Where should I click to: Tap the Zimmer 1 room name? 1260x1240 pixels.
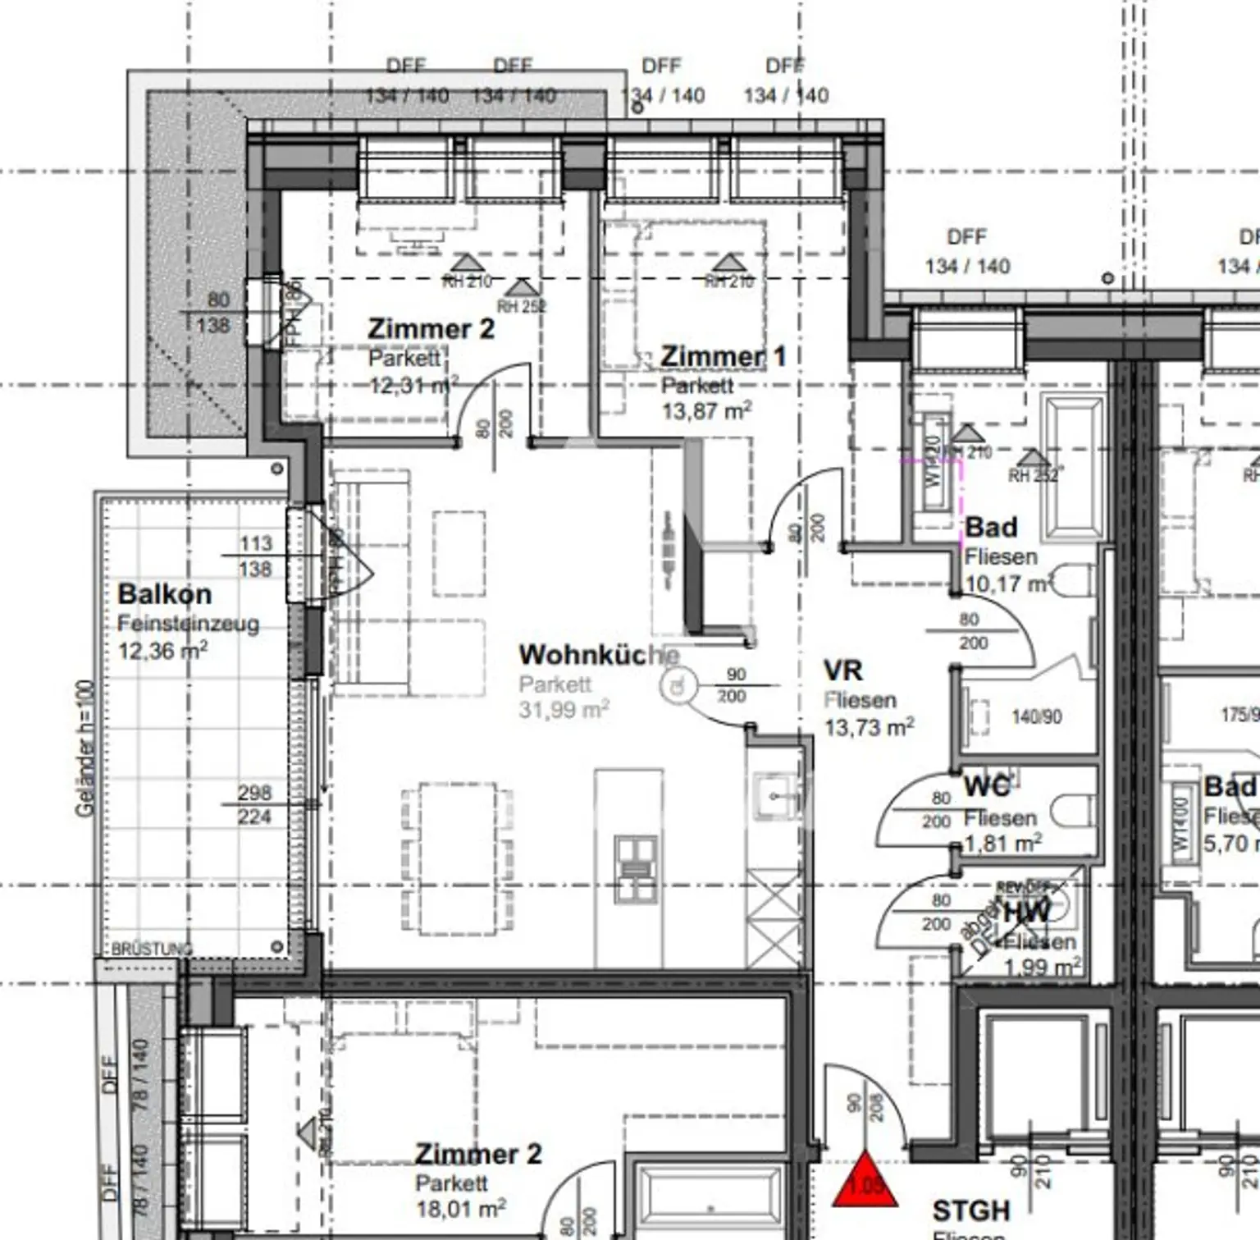(x=723, y=356)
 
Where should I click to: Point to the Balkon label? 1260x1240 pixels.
(x=164, y=594)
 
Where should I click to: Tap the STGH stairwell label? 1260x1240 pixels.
(x=970, y=1210)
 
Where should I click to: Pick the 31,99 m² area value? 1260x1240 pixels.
(x=564, y=709)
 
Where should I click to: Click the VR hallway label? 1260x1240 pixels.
(x=843, y=670)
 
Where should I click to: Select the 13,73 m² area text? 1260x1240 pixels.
(x=869, y=727)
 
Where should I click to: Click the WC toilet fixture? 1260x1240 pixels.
(x=1075, y=810)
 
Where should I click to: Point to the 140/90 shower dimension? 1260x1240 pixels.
(x=1036, y=717)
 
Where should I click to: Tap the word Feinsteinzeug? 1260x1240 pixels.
(x=188, y=624)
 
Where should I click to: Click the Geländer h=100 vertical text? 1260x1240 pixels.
(x=85, y=748)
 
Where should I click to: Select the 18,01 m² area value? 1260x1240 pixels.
(x=460, y=1209)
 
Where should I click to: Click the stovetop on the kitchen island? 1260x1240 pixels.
(x=637, y=870)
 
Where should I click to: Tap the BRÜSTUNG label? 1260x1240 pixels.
(x=152, y=949)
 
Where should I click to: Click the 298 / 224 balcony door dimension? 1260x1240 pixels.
(x=254, y=805)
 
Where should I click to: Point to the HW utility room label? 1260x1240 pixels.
(x=1026, y=912)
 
